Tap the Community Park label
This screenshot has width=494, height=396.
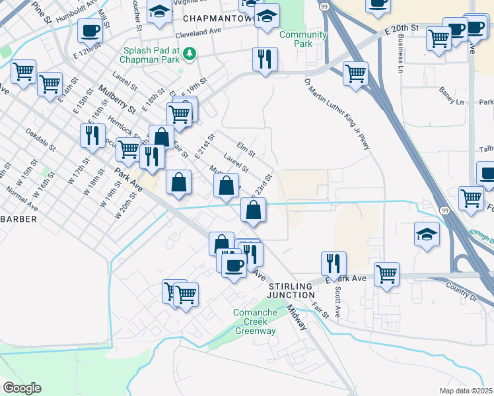303,39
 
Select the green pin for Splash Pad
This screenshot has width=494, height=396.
190,52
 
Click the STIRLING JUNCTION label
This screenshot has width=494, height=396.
291,290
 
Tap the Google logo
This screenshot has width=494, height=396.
22,388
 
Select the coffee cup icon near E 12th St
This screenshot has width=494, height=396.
90,30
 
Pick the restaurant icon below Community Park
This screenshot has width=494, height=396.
265,59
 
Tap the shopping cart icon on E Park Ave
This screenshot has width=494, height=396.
386,273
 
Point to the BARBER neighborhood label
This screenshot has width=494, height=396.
18,218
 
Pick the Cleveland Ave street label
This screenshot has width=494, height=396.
198,31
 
